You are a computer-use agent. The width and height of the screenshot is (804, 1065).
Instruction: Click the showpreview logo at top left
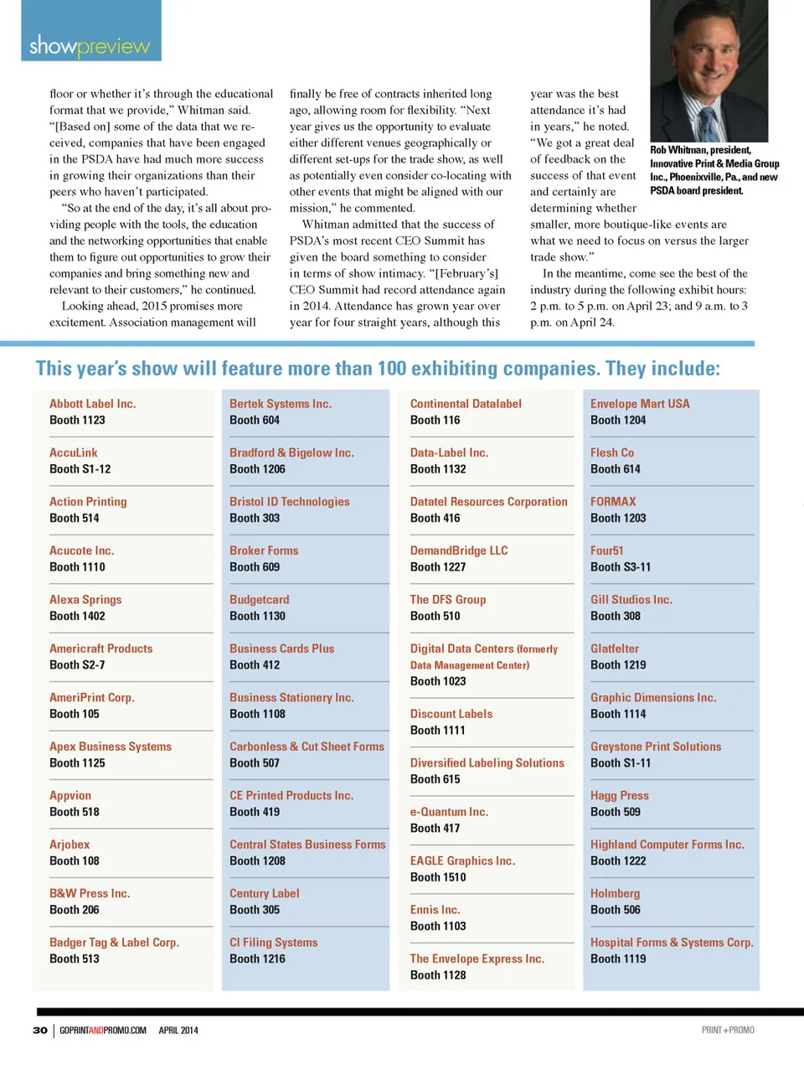[90, 45]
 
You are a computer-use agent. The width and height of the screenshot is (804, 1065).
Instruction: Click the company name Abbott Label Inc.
[92, 404]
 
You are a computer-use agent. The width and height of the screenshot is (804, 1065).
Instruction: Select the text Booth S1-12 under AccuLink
[80, 469]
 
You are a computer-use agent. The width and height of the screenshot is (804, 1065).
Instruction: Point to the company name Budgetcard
[259, 600]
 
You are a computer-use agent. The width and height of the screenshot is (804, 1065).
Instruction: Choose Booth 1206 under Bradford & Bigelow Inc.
[257, 469]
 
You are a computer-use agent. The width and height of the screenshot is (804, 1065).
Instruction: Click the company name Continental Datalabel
[466, 404]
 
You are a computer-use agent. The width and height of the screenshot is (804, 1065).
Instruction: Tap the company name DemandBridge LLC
[459, 551]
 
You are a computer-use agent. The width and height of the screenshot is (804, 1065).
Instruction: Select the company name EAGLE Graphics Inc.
[462, 861]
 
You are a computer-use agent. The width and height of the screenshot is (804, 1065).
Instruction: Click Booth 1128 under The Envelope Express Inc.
[438, 975]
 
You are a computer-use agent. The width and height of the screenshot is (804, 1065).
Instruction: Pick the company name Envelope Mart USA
[640, 404]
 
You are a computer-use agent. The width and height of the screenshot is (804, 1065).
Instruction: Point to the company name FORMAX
[613, 502]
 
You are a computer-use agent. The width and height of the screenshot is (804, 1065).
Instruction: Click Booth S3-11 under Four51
[620, 567]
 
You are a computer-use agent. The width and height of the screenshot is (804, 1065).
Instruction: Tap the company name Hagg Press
[619, 796]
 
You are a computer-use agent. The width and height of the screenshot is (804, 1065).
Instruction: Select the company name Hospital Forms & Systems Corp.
[672, 943]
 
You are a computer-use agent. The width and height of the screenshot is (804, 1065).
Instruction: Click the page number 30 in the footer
[40, 1031]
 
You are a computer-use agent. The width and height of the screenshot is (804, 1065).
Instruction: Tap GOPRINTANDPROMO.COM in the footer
[103, 1031]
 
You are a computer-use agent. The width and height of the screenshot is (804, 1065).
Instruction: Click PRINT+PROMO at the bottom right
[728, 1031]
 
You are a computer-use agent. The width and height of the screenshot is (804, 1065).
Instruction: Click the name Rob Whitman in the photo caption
[678, 150]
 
